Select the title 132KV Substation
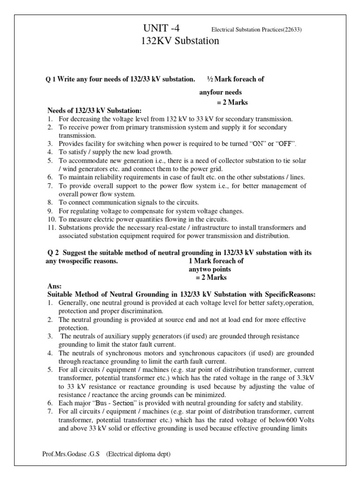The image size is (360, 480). [180, 41]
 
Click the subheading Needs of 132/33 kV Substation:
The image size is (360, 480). [94, 111]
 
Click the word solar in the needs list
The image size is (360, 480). [298, 160]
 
